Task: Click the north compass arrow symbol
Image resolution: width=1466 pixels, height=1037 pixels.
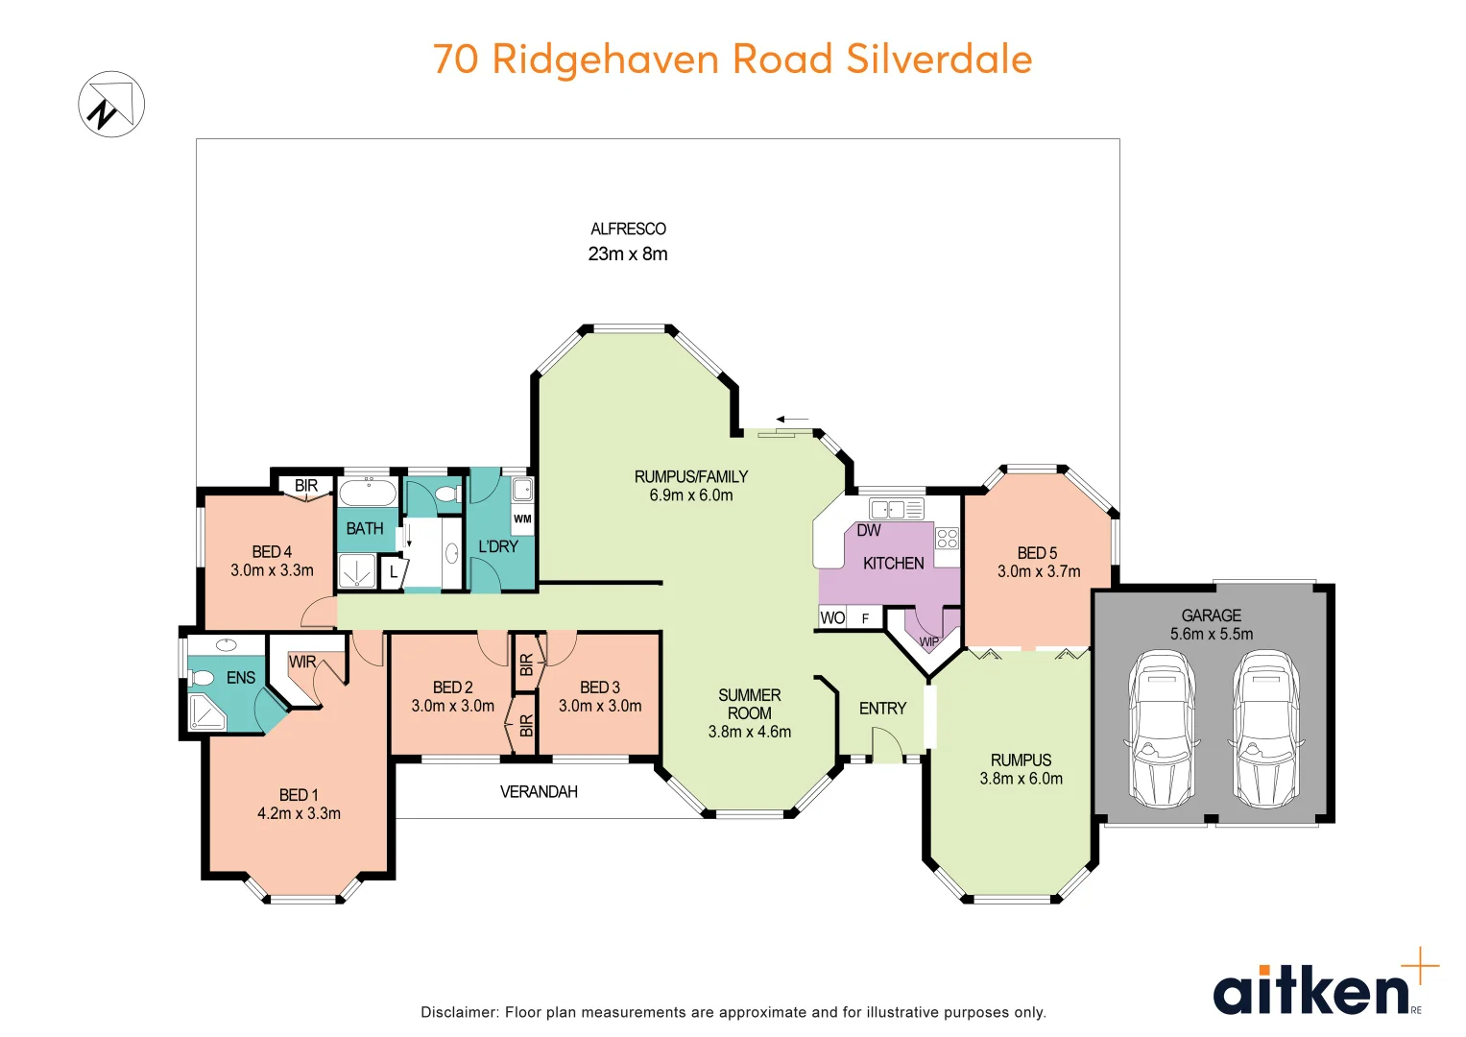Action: pos(111,104)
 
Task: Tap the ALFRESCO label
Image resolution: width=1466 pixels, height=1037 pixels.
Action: pos(628,229)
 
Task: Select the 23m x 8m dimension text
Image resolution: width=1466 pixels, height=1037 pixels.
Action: pos(628,253)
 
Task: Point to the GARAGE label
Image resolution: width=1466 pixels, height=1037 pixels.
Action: pos(1211,615)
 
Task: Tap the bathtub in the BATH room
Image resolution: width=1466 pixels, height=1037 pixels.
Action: pos(368,494)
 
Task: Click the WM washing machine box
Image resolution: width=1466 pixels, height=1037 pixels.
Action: pos(522,519)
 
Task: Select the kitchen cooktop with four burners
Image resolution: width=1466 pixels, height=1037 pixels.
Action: pos(947,538)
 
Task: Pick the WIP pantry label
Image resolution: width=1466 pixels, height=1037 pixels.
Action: pos(928,641)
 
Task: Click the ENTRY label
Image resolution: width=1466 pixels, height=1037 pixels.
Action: pos(882,709)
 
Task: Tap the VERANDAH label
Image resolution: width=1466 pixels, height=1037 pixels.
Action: pos(539,792)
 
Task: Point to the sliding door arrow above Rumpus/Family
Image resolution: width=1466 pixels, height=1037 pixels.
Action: pos(792,420)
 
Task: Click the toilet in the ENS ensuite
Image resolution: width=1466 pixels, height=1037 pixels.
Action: pos(202,678)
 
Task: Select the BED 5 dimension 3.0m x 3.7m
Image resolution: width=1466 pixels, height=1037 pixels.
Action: pos(1039,571)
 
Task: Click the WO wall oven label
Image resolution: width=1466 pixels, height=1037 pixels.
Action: pos(832,617)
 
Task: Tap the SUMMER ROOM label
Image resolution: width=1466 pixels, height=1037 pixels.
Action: pos(749,704)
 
